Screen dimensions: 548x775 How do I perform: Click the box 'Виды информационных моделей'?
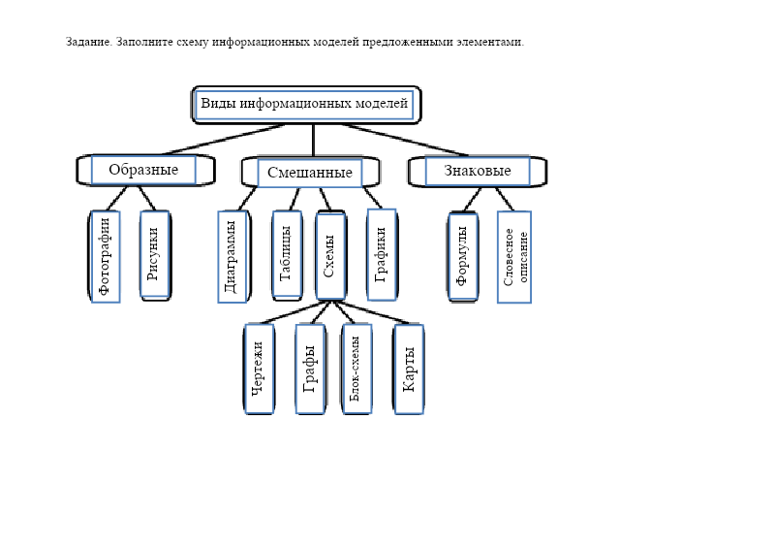(305, 104)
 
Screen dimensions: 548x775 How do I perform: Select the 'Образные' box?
(143, 170)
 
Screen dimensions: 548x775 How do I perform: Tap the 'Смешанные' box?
(309, 173)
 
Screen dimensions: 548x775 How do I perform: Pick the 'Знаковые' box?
(478, 171)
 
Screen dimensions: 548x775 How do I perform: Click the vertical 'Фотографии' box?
(106, 256)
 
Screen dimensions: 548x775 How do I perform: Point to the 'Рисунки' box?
(154, 255)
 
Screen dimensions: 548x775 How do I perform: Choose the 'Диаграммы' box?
(232, 256)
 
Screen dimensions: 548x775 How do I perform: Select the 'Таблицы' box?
(286, 254)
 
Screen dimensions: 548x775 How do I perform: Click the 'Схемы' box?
(330, 256)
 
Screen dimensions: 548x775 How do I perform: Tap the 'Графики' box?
(381, 254)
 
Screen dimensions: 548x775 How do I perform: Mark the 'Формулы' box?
(462, 256)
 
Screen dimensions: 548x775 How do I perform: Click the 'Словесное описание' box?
(514, 256)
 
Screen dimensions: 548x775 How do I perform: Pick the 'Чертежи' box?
(259, 369)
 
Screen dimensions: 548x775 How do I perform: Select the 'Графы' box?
(310, 369)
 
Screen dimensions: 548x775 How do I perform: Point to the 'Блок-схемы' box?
(356, 369)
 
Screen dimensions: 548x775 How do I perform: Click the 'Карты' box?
(408, 369)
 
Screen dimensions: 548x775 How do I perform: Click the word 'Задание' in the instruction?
(88, 43)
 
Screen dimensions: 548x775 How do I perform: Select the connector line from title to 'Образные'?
(223, 139)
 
